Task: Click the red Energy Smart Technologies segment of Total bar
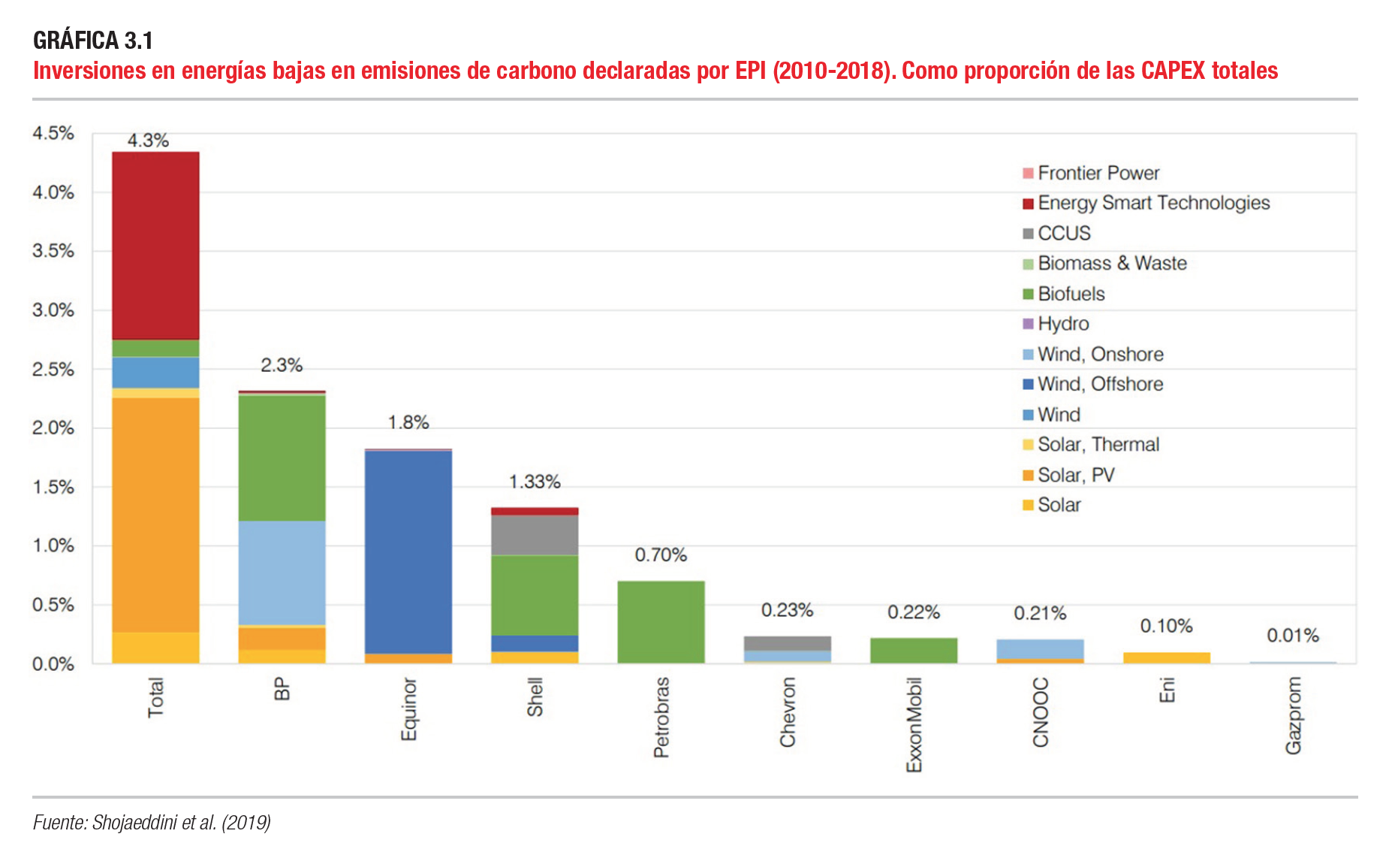[x=155, y=246]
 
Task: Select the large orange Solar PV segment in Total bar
[x=155, y=515]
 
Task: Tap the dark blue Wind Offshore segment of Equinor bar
[x=408, y=552]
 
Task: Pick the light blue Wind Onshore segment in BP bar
[x=282, y=573]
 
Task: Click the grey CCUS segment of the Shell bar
[x=535, y=535]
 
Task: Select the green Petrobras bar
[x=661, y=622]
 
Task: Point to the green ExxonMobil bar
[x=914, y=651]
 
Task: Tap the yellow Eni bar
[x=1166, y=658]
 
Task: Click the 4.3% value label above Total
[x=148, y=140]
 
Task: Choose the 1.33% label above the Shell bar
[x=535, y=482]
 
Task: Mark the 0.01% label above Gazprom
[x=1292, y=636]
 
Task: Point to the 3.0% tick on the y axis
[x=53, y=310]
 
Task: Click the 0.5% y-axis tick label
[x=53, y=605]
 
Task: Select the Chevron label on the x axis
[x=788, y=712]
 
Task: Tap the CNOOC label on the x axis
[x=1041, y=712]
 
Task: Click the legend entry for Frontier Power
[x=1098, y=174]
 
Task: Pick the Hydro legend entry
[x=1062, y=324]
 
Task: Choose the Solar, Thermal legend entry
[x=1098, y=445]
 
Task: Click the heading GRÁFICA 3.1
[x=93, y=41]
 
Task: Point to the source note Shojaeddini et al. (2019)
[x=152, y=823]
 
